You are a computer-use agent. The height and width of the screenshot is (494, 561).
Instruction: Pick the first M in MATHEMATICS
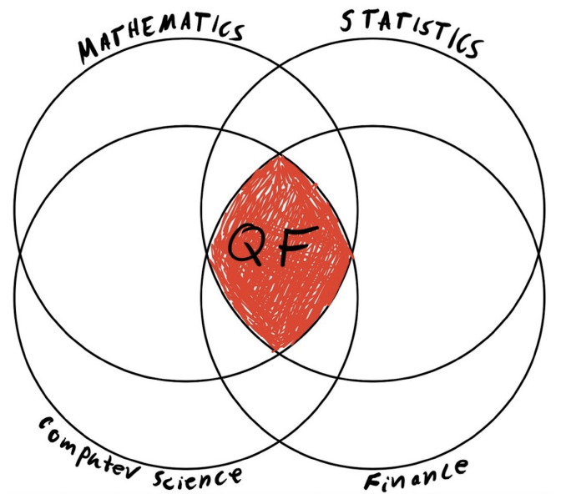tap(93, 51)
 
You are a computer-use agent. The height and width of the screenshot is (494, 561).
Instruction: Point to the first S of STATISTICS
tap(346, 20)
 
